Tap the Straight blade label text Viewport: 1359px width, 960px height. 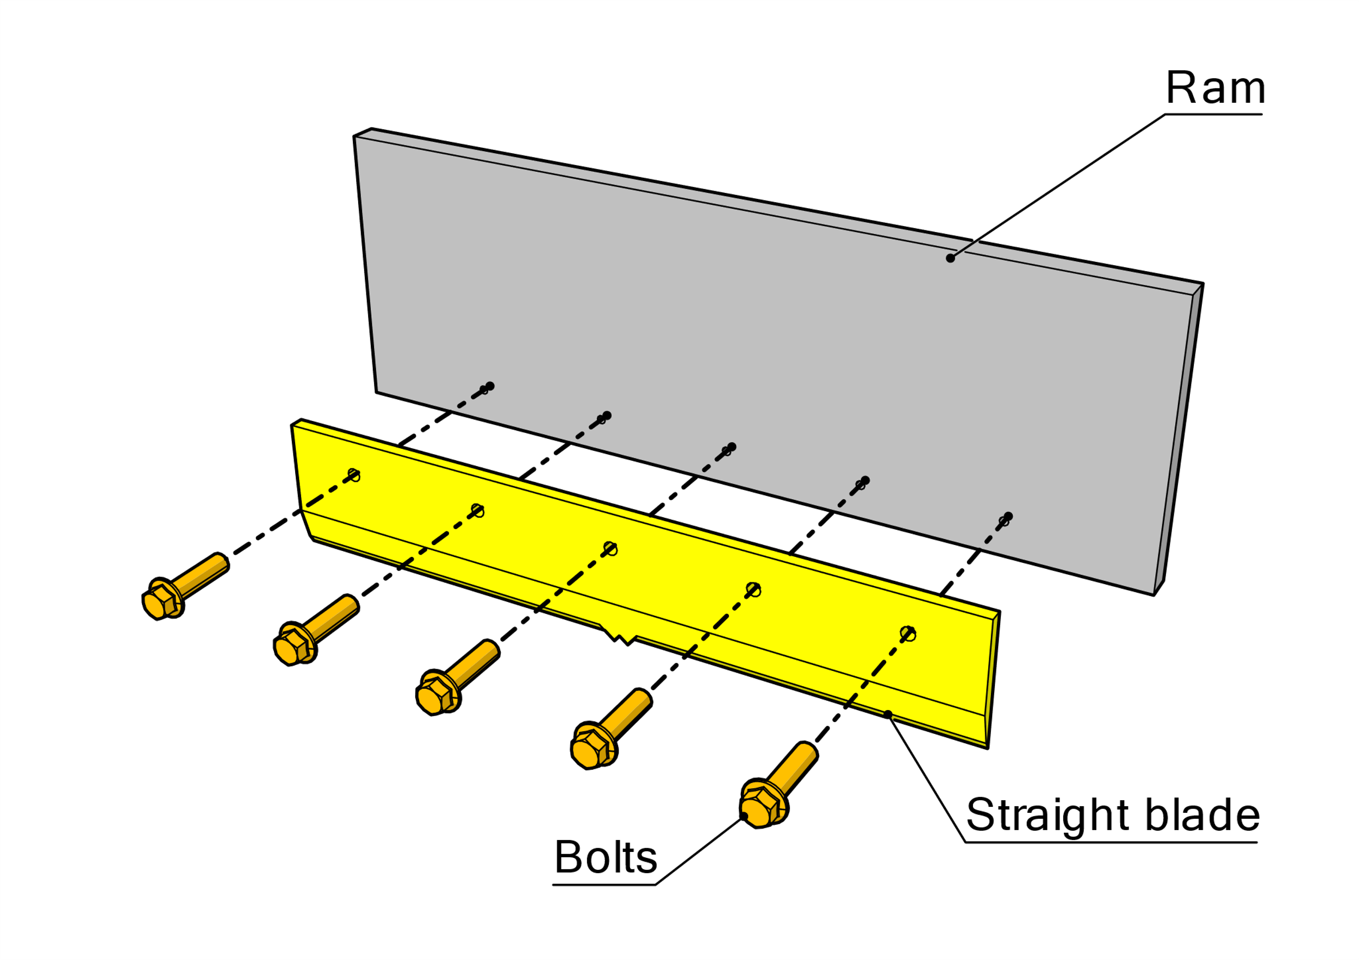(1112, 815)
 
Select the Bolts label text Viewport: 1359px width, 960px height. (606, 857)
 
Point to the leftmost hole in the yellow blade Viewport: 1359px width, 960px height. (354, 474)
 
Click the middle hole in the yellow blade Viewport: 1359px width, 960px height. (611, 548)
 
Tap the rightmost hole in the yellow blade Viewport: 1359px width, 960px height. (908, 633)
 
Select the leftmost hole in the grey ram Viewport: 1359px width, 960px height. (485, 388)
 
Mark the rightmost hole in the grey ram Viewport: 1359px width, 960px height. (1005, 520)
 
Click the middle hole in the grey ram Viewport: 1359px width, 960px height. (728, 449)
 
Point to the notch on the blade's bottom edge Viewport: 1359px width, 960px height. (619, 635)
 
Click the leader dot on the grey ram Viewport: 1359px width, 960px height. (951, 258)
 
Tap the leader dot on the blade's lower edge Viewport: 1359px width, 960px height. (888, 714)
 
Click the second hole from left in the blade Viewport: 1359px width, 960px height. (478, 509)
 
